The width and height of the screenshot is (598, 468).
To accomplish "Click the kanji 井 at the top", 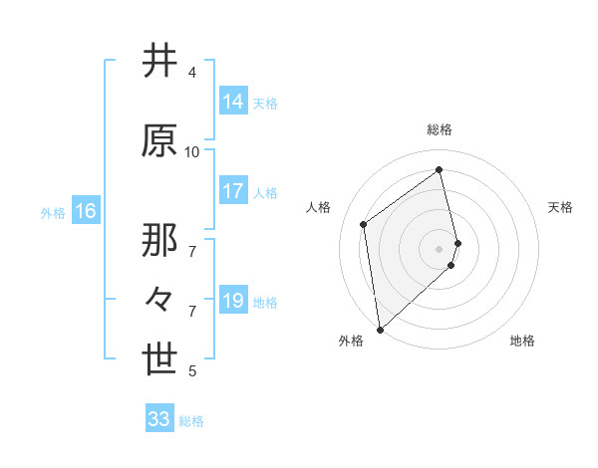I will coord(160,62).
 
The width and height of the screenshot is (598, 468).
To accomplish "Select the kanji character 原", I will coord(160,141).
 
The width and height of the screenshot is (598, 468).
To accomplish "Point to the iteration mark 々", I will coord(159,299).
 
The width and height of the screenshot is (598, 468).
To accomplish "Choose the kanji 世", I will coord(160,361).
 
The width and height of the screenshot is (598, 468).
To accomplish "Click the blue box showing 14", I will coord(233,102).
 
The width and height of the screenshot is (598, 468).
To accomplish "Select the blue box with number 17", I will coord(233,192).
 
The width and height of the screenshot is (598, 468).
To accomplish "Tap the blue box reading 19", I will coord(233,301).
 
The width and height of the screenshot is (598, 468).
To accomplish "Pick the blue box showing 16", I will coord(86,211).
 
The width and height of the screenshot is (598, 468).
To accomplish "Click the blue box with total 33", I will coord(159,419).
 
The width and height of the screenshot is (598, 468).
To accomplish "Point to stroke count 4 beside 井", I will coord(192,72).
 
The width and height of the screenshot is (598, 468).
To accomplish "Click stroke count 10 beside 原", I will coord(192,151).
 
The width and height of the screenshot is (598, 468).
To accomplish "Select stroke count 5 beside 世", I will coord(192,371).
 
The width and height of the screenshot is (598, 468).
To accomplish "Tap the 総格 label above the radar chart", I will coord(440,129).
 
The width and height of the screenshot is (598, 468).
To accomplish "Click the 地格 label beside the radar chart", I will coord(522,341).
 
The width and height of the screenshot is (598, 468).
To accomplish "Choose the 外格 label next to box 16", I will coord(53,212).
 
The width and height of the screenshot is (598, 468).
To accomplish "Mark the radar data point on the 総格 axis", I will coord(440,170).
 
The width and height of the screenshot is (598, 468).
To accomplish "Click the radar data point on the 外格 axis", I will coord(379,330).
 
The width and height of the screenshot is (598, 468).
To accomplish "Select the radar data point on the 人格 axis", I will coord(364,224).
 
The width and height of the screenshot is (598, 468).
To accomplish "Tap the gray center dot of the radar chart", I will coord(440,248).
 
